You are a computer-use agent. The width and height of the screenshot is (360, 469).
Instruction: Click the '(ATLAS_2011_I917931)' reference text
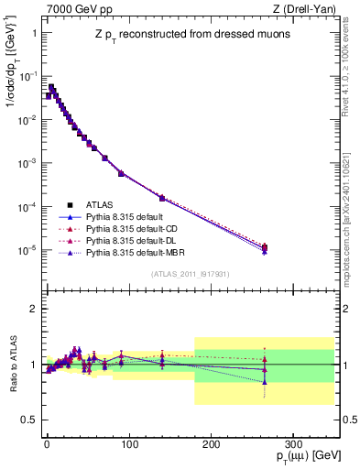190,274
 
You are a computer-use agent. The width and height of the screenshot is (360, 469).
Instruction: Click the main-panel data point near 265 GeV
265,248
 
